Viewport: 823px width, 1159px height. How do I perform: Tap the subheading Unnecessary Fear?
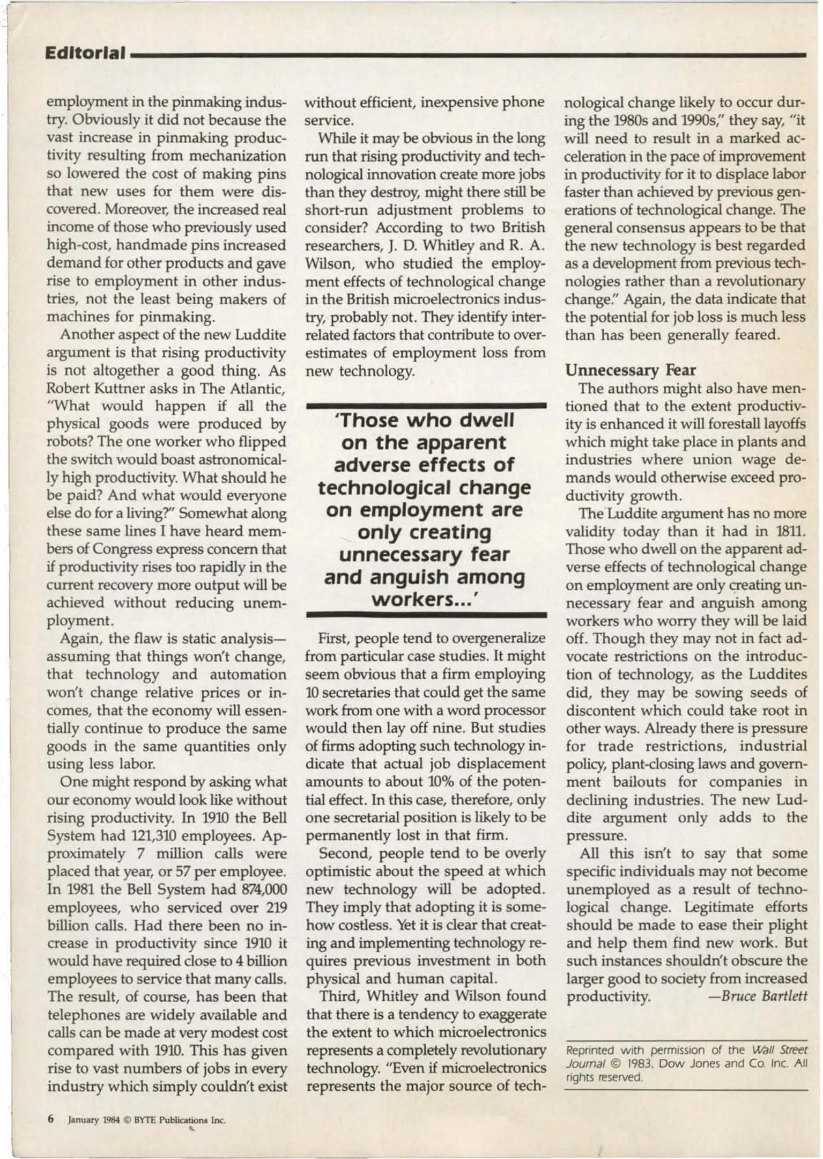(x=631, y=370)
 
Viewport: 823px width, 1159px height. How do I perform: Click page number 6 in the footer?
(x=51, y=1119)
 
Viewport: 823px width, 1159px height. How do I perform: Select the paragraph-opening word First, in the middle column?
(x=334, y=638)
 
